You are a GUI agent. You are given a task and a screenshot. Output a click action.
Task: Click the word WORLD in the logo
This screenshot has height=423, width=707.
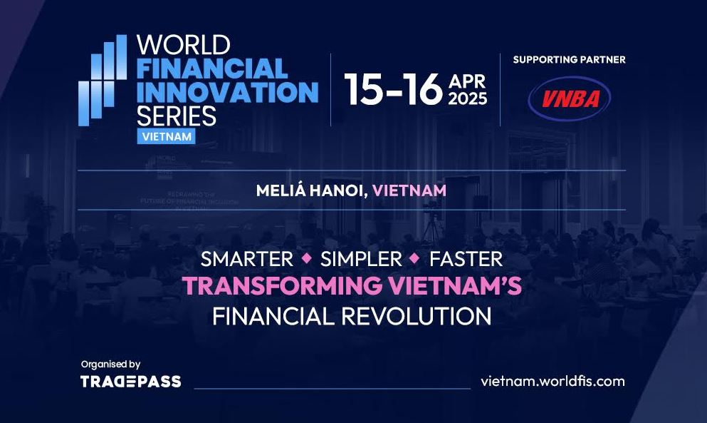(x=184, y=45)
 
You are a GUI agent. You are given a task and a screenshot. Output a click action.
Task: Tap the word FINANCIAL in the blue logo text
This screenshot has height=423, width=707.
(x=212, y=68)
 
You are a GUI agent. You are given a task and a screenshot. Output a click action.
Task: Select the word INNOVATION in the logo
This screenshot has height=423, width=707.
(x=228, y=92)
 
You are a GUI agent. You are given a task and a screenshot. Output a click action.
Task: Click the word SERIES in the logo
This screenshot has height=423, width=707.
(x=177, y=116)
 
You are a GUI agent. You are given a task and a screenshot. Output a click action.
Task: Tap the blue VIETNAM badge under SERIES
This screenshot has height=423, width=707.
(x=167, y=136)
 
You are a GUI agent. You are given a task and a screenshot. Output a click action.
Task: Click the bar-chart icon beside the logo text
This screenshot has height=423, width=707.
(x=103, y=80)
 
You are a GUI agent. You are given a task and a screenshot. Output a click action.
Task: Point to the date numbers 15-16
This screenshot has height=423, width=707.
(x=394, y=89)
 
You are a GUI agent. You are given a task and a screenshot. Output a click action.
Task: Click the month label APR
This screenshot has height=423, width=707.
(x=467, y=81)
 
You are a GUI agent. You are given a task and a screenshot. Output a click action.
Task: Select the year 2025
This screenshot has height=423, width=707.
(x=468, y=98)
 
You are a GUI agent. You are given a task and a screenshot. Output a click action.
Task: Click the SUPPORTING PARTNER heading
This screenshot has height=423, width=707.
(x=569, y=60)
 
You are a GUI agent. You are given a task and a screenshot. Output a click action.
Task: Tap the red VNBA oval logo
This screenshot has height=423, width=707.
(x=570, y=98)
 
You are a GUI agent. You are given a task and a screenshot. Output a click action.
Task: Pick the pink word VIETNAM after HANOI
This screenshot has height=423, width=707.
(x=409, y=190)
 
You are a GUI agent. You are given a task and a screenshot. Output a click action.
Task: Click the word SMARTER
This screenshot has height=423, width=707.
(x=247, y=260)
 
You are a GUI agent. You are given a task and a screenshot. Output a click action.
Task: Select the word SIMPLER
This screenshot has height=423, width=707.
(x=361, y=260)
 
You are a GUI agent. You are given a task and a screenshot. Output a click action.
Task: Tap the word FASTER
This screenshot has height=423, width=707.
(x=466, y=260)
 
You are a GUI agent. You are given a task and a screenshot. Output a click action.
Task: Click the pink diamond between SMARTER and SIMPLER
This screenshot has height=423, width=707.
(x=307, y=258)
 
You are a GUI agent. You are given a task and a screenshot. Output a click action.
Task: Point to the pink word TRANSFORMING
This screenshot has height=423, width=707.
(x=282, y=285)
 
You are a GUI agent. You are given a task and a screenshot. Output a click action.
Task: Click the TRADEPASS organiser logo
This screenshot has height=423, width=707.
(x=131, y=382)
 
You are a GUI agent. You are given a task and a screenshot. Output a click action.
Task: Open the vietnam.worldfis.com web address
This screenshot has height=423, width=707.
(x=552, y=381)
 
